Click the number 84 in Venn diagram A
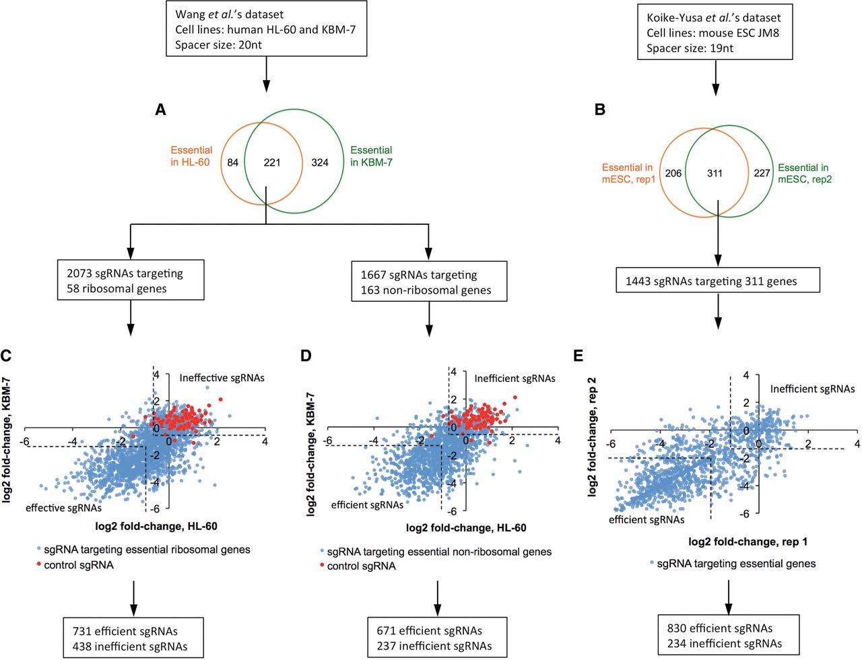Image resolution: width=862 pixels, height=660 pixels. click(x=232, y=162)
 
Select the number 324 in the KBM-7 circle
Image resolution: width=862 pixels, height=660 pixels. click(x=320, y=162)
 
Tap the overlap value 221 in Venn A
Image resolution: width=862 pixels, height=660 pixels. click(x=272, y=162)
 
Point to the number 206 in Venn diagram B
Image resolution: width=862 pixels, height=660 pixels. click(x=673, y=173)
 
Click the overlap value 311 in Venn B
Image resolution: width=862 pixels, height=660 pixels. click(x=715, y=173)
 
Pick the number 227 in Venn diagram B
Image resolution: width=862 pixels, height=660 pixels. click(x=762, y=173)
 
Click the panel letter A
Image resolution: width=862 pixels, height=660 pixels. click(x=160, y=110)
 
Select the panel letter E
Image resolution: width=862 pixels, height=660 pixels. click(x=578, y=356)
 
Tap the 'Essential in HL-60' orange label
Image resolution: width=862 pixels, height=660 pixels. click(x=191, y=156)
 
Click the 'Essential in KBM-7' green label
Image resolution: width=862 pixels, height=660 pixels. click(x=371, y=156)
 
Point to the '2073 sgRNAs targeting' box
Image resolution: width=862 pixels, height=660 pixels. click(x=131, y=280)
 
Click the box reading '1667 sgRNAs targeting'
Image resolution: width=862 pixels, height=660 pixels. click(x=429, y=282)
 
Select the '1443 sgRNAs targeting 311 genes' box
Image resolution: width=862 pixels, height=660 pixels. click(x=718, y=280)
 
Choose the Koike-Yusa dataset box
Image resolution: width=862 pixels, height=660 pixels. click(x=715, y=32)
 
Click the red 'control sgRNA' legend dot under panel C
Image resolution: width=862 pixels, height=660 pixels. click(x=38, y=564)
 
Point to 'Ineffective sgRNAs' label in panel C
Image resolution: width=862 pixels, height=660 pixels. click(x=222, y=378)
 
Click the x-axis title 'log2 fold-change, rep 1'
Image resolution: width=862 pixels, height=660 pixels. click(x=748, y=541)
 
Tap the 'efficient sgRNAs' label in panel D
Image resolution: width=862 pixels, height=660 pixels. click(x=367, y=505)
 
